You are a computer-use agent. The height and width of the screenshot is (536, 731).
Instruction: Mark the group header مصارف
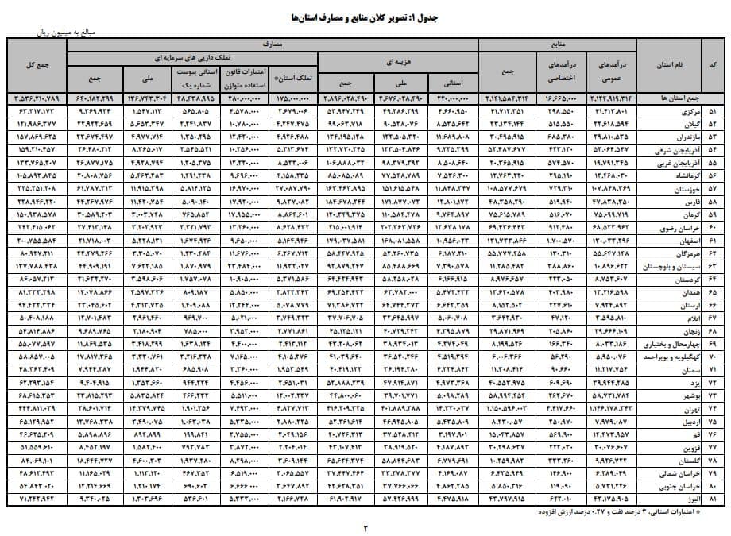click(x=273, y=45)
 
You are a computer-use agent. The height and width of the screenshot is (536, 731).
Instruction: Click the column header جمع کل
click(x=36, y=65)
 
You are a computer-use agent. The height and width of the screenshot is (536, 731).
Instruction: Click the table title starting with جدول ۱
click(x=365, y=16)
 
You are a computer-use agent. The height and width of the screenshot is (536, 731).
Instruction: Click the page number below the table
click(x=366, y=526)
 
